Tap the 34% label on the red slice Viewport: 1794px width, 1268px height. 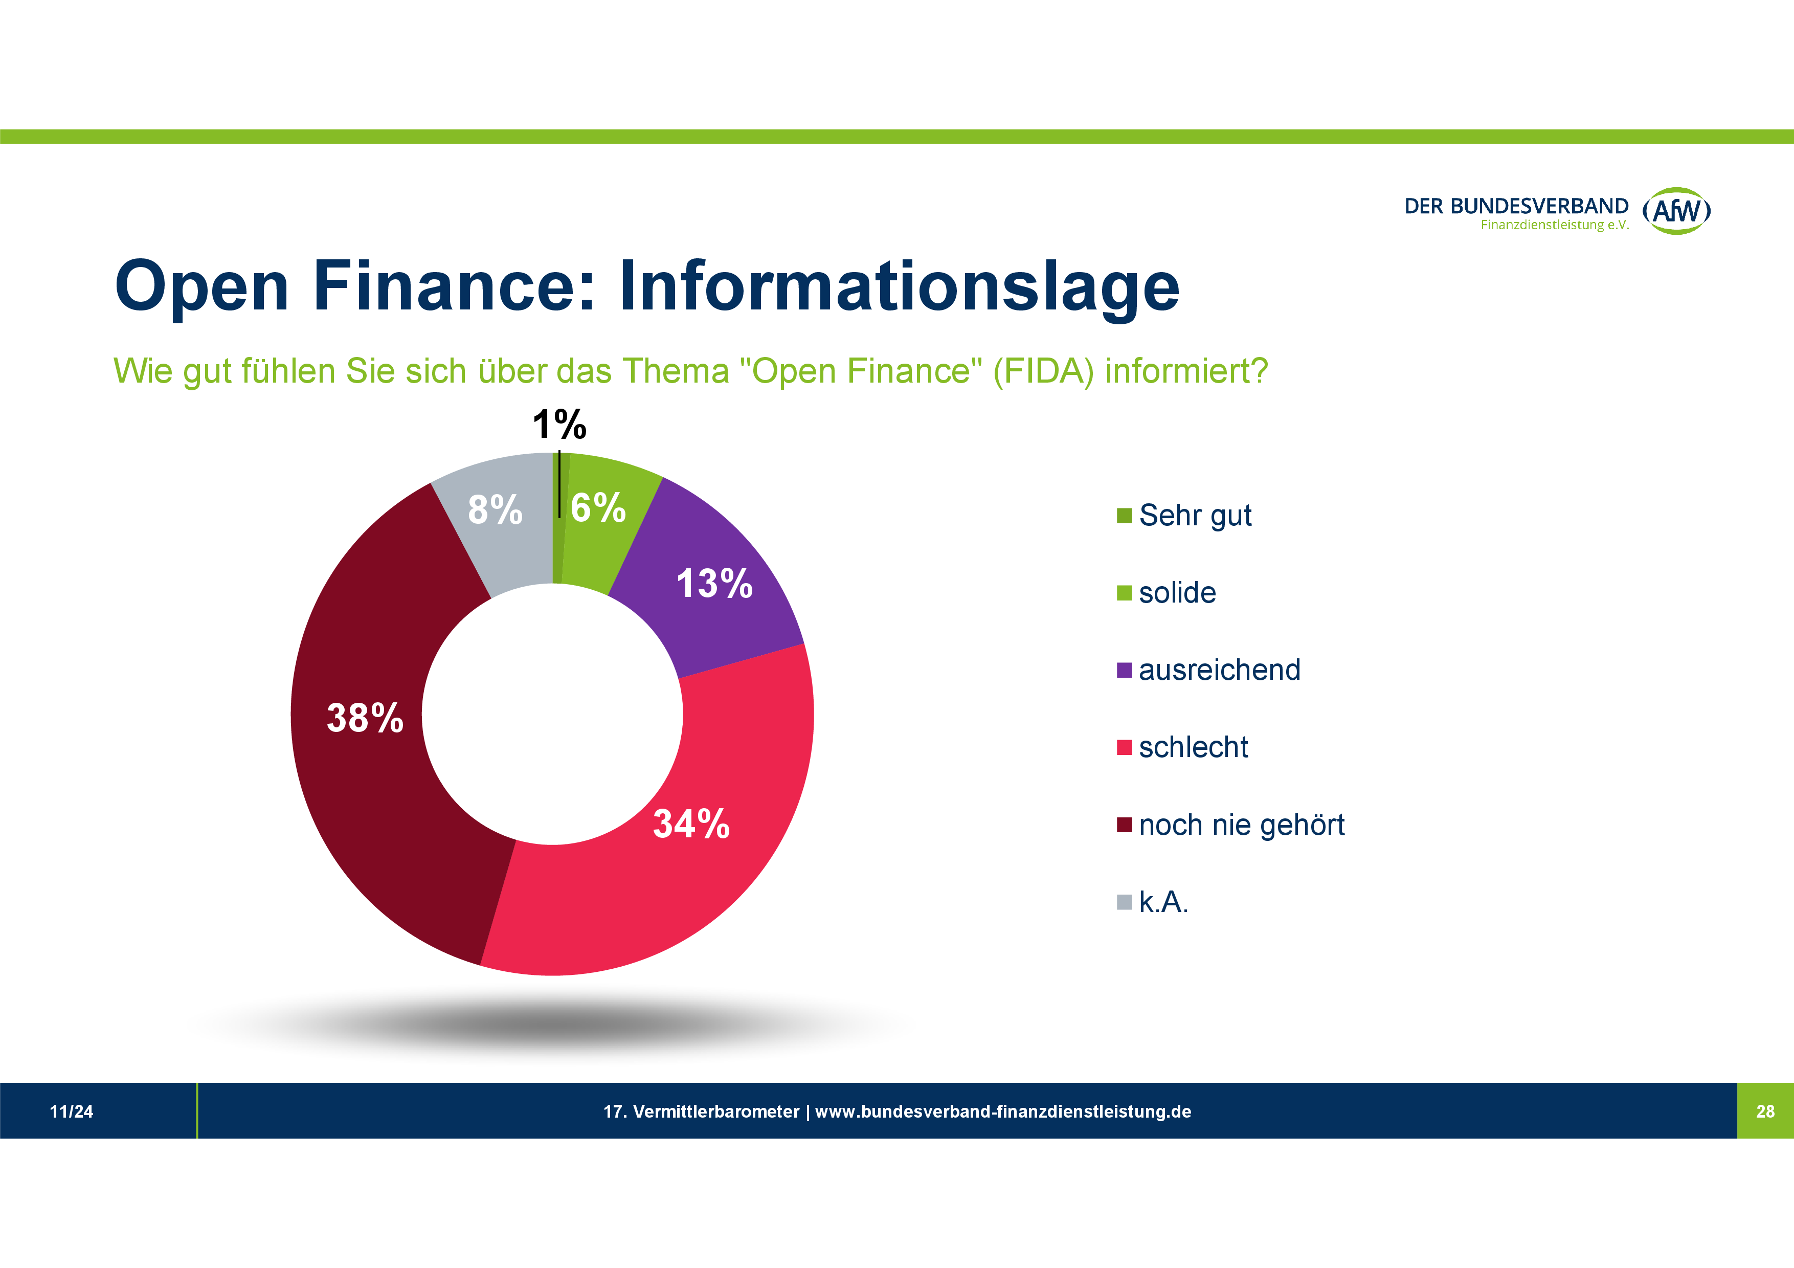691,824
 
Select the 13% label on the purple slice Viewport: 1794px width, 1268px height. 714,584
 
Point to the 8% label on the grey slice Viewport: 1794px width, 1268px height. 495,509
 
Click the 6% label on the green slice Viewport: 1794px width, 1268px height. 598,508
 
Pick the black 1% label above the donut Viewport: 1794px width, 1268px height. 559,425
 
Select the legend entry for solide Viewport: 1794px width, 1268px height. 1177,593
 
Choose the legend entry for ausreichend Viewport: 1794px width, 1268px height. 1219,671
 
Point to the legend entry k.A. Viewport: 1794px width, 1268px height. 1162,902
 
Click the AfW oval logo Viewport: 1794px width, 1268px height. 1677,211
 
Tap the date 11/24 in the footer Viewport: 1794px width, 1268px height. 71,1112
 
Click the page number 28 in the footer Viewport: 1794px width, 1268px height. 1765,1112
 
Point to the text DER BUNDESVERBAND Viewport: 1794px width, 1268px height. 1516,206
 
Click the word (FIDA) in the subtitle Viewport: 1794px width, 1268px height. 1043,371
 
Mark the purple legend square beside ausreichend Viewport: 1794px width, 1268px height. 1125,671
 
